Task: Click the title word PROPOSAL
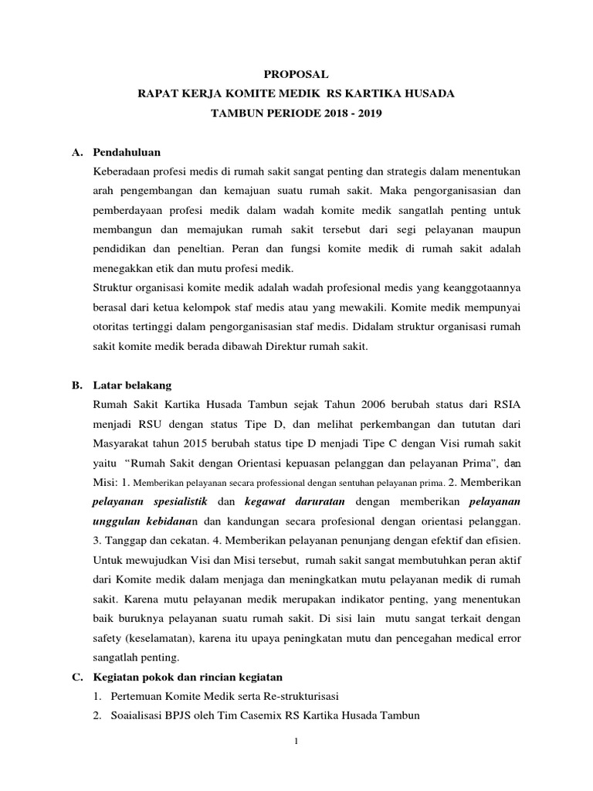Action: (296, 74)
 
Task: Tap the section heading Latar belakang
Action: (132, 385)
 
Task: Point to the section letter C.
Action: (76, 677)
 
